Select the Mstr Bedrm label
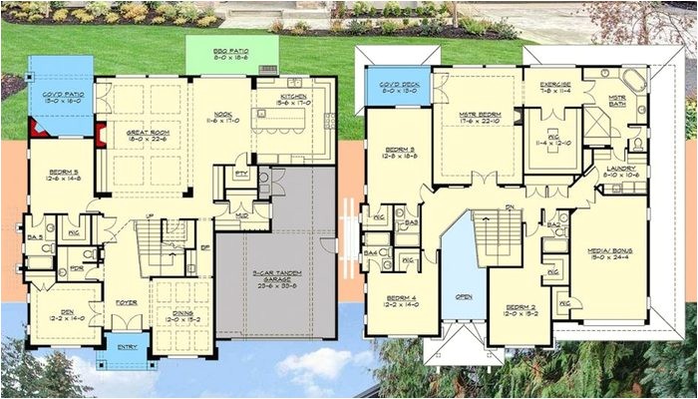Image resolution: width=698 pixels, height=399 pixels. coord(481,118)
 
